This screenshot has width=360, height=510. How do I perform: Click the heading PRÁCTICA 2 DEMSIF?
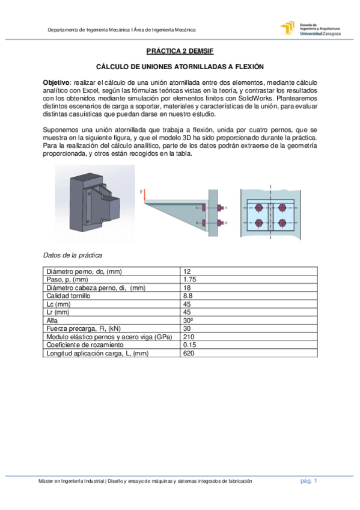pyautogui.click(x=180, y=52)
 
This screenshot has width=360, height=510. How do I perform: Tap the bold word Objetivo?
pyautogui.click(x=56, y=81)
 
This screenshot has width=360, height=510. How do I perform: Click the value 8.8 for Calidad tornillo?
pyautogui.click(x=187, y=295)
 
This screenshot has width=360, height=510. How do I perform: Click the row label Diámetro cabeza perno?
pyautogui.click(x=96, y=287)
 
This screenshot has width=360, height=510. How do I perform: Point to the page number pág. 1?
pyautogui.click(x=309, y=481)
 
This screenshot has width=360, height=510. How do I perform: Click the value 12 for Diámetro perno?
pyautogui.click(x=186, y=272)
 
